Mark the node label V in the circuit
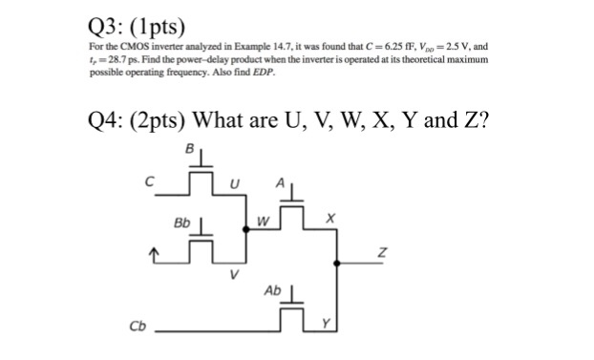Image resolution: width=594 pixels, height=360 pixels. (233, 274)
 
